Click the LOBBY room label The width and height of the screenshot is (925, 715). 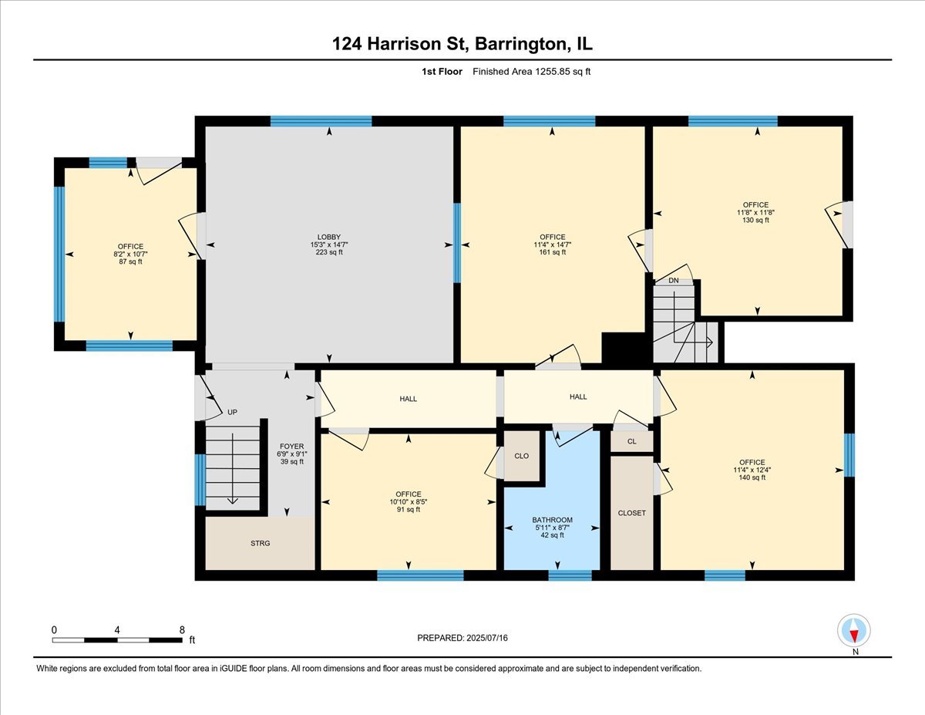328,238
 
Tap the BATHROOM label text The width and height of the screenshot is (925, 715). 552,520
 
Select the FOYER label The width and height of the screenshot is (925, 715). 291,447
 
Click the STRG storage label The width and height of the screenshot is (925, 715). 260,543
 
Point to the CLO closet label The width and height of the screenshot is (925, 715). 521,456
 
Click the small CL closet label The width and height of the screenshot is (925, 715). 632,442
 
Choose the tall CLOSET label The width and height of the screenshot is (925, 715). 632,513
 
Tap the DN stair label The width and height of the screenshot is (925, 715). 674,281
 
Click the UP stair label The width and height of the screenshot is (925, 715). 232,412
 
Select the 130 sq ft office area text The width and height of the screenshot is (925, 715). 755,220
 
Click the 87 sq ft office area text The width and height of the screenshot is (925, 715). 130,262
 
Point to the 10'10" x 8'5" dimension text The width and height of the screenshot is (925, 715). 409,501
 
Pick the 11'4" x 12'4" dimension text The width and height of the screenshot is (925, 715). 752,470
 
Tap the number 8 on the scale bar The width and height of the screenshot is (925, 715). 182,630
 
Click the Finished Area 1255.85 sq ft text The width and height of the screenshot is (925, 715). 531,72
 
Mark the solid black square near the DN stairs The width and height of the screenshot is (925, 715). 625,348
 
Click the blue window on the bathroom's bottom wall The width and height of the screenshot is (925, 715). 570,575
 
